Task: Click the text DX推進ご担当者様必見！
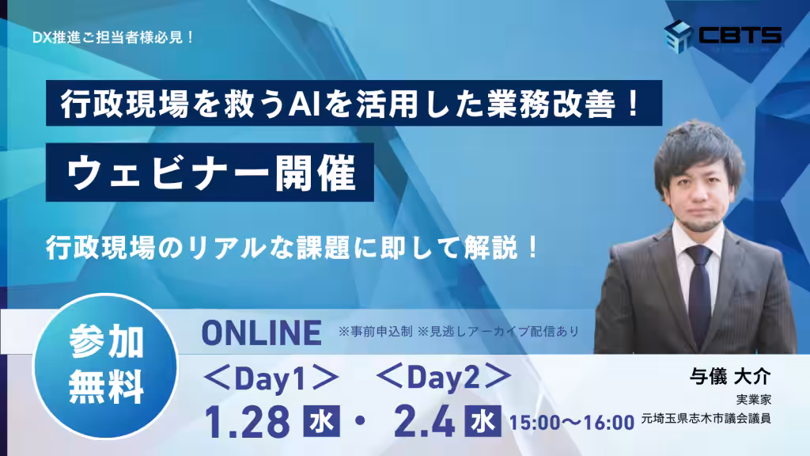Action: click(x=114, y=36)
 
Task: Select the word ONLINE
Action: click(x=262, y=333)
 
